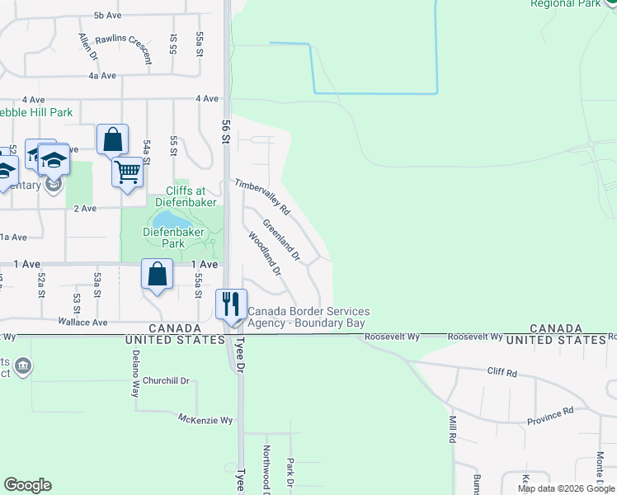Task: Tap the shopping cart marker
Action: pyautogui.click(x=127, y=172)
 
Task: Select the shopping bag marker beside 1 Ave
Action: pyautogui.click(x=157, y=274)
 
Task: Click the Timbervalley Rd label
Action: pyautogui.click(x=262, y=197)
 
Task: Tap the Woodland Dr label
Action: pyautogui.click(x=264, y=253)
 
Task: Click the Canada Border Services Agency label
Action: pyautogui.click(x=308, y=317)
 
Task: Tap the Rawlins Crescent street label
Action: pyautogui.click(x=124, y=49)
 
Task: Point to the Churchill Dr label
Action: pyautogui.click(x=166, y=380)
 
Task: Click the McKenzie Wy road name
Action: pyautogui.click(x=206, y=420)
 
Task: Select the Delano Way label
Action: pyautogui.click(x=136, y=374)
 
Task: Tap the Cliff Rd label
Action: pyautogui.click(x=502, y=374)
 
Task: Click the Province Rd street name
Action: pyautogui.click(x=550, y=416)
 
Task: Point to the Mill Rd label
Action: pyautogui.click(x=452, y=430)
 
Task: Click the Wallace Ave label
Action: pyautogui.click(x=82, y=323)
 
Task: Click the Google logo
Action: pyautogui.click(x=27, y=485)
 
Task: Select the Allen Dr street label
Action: pyautogui.click(x=87, y=45)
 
